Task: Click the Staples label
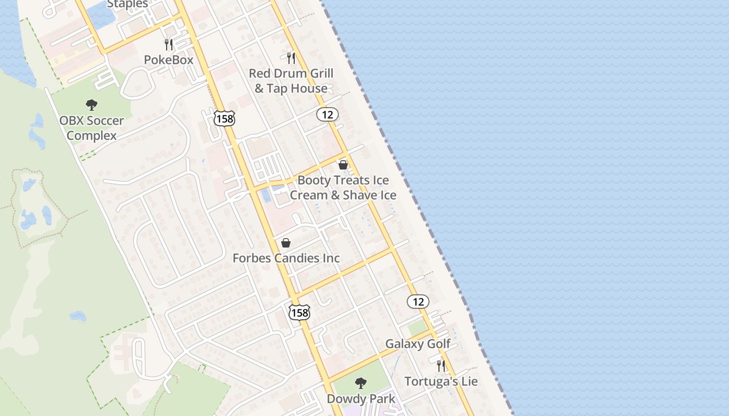pos(128,4)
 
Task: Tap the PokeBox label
pos(169,60)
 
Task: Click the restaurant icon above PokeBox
pos(169,45)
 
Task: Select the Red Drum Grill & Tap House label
pos(291,81)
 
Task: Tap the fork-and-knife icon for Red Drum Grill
pos(291,58)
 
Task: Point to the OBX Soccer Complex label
pos(92,128)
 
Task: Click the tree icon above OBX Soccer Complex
pos(92,105)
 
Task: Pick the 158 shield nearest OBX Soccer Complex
pos(224,118)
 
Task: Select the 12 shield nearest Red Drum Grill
pos(328,114)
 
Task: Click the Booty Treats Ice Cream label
pos(343,188)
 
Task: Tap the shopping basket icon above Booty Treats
pos(343,165)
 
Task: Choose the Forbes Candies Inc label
pos(286,258)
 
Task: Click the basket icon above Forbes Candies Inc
pos(286,243)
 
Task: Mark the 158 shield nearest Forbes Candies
pos(299,312)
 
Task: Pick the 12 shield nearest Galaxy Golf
pos(418,302)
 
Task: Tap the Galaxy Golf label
pos(418,344)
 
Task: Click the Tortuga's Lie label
pos(441,381)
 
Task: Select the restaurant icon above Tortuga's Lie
pos(441,366)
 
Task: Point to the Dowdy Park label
pos(361,399)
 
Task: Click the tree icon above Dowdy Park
pos(361,384)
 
